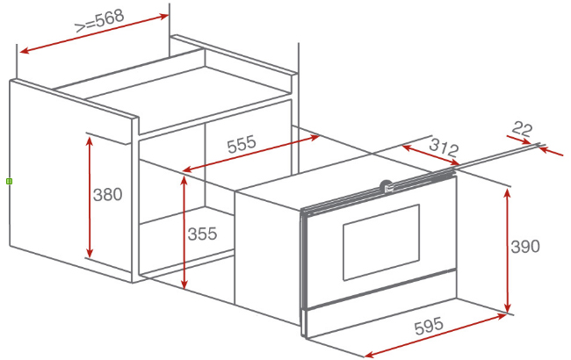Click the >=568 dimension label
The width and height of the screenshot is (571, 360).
coord(99,21)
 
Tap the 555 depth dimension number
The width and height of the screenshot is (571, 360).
coord(242,144)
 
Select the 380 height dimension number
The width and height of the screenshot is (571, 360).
coord(107,194)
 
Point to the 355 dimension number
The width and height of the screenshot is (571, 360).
coord(202,234)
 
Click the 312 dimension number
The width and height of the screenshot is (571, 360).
coord(444,148)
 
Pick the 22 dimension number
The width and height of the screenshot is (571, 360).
coord(522,129)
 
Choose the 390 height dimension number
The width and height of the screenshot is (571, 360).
coord(525,247)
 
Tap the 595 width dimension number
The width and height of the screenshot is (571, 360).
coord(429,326)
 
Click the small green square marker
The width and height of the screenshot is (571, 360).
coord(10,181)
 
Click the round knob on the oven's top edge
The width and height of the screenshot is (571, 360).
coord(386,187)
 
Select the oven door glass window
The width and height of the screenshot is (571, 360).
coord(381,242)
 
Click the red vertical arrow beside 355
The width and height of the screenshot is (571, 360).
coord(184,233)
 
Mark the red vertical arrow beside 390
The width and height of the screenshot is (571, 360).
coord(508,250)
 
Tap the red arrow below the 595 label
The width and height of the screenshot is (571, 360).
coord(436,335)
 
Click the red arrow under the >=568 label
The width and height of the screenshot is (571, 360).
coord(94,33)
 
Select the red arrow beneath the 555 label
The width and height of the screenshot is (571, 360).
coord(251,154)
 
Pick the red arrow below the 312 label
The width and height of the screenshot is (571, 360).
coord(430,155)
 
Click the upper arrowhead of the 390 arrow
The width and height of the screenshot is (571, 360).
coord(508,193)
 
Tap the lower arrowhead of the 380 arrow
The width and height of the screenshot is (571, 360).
coord(90,254)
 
